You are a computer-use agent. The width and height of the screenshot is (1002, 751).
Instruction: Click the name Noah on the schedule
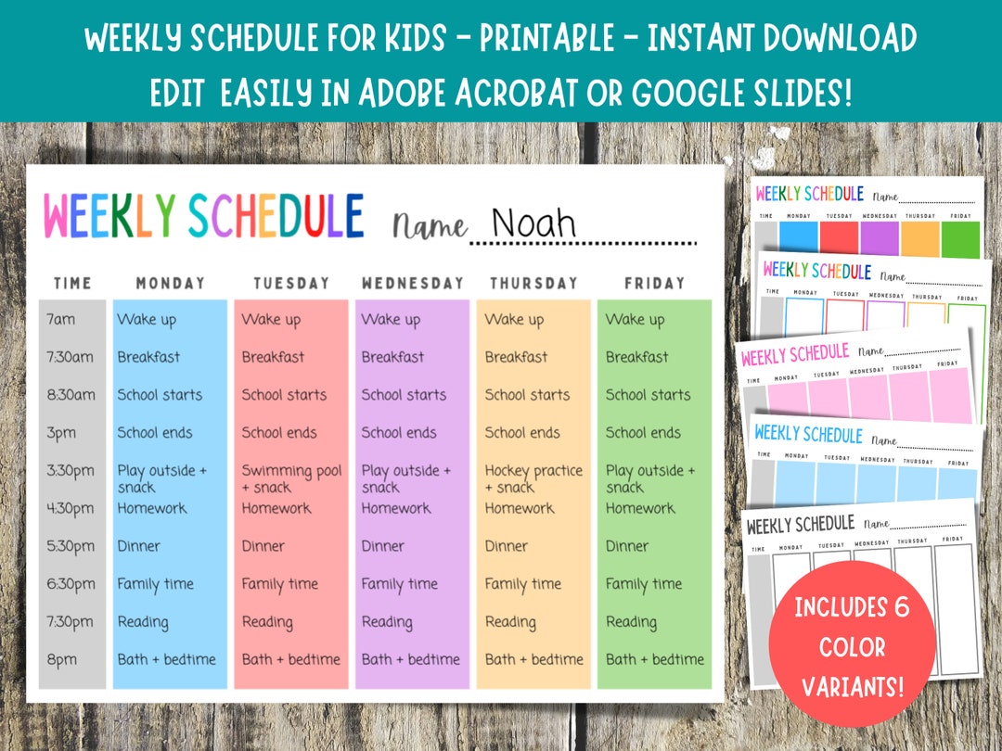(533, 223)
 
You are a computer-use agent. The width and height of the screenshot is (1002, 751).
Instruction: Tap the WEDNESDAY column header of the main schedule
(412, 283)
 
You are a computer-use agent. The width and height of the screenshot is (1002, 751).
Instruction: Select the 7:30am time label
(67, 357)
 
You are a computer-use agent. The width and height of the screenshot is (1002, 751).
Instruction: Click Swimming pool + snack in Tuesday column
(291, 478)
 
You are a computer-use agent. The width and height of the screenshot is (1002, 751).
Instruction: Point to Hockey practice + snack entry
(533, 478)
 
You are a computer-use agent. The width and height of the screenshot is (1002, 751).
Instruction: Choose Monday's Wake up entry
(147, 320)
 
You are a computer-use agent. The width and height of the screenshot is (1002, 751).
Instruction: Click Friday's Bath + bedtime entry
(655, 659)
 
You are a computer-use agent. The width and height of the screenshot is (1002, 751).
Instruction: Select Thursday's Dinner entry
(507, 546)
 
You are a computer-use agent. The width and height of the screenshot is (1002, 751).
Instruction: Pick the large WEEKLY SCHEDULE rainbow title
(203, 216)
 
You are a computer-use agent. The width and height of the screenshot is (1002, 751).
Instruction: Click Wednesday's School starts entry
(404, 395)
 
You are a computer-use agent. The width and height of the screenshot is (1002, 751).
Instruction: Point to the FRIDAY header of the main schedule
(654, 283)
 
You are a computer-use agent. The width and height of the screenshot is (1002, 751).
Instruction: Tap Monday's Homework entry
(152, 508)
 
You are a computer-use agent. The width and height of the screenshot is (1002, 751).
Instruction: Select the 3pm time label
(60, 433)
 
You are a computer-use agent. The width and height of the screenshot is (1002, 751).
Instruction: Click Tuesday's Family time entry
(279, 584)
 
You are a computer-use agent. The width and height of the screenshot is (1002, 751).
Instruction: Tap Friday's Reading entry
(631, 622)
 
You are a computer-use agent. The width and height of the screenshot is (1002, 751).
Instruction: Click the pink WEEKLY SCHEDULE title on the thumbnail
(795, 355)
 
